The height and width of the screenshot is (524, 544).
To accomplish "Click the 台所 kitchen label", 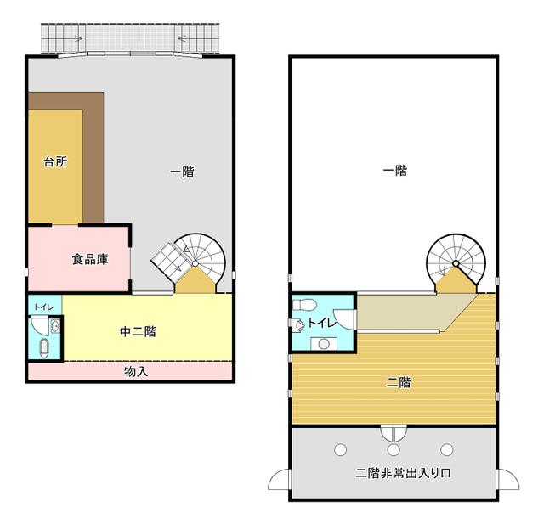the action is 55,161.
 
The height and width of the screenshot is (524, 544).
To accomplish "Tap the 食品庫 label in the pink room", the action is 90,259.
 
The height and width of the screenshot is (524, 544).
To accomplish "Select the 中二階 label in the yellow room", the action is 138,332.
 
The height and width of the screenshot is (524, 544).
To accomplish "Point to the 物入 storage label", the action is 136,371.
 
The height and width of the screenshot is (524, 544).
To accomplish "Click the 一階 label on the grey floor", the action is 182,172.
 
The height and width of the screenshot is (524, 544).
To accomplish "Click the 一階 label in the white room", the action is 395,170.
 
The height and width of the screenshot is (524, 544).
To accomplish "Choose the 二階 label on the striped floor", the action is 399,383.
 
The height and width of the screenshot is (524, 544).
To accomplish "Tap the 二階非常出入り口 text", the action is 403,473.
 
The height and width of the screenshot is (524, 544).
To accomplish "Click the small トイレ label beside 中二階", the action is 43,307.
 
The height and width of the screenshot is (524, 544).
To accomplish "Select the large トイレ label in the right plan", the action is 322,323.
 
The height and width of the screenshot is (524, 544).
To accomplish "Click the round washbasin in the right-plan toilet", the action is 324,344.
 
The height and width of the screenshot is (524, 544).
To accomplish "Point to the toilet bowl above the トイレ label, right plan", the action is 304,305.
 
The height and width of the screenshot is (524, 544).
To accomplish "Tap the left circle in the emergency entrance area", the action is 340,449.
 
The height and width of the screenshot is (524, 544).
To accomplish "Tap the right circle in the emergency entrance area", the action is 447,449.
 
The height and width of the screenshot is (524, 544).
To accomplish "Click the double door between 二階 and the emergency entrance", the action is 394,433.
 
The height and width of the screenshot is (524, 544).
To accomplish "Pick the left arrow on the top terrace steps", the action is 77,38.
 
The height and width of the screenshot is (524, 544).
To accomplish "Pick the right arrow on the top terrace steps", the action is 184,38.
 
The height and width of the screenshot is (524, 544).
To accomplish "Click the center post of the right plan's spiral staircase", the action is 456,264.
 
